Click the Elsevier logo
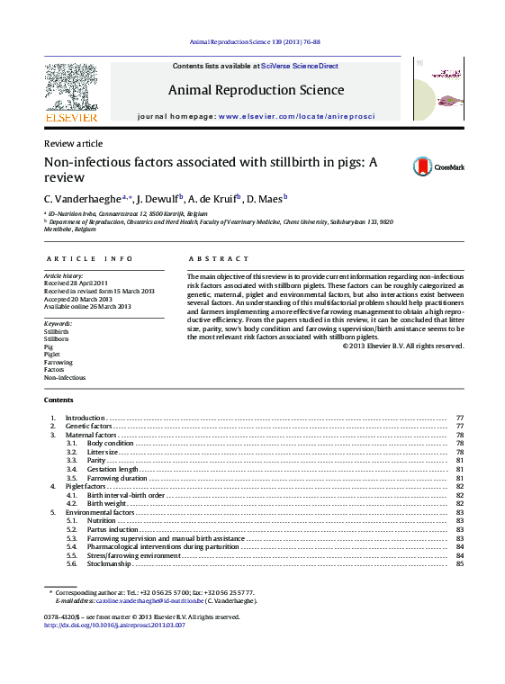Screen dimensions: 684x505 71,91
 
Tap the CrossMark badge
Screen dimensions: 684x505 438,166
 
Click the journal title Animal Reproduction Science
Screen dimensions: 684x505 256,90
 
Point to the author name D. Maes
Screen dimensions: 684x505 265,198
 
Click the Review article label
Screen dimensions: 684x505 73,144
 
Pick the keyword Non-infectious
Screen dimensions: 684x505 65,377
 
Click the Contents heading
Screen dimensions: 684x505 59,400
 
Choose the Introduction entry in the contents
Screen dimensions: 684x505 86,418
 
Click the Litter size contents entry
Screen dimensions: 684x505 105,452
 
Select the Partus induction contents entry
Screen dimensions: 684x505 113,529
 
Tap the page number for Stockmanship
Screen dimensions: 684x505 459,563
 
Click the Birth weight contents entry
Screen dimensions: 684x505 105,503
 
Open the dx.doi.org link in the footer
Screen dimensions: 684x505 114,625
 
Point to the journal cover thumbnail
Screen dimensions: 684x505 437,89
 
